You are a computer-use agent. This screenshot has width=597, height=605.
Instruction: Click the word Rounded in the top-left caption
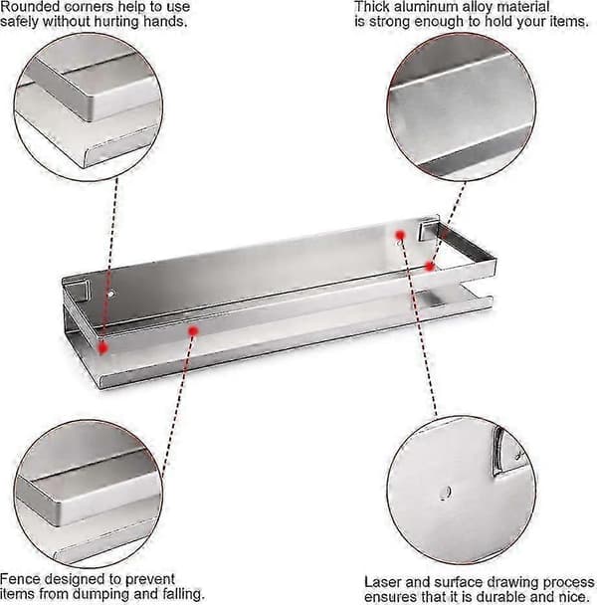[32, 7]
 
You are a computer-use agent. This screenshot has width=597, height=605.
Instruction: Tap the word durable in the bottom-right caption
[509, 596]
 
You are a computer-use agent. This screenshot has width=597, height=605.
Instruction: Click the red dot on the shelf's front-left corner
[102, 347]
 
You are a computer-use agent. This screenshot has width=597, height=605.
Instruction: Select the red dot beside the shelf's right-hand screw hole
[400, 235]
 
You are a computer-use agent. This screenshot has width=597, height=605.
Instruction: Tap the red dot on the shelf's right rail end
[429, 267]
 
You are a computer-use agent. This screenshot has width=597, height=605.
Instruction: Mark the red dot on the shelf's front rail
[193, 330]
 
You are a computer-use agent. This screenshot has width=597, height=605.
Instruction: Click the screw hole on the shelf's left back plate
[111, 294]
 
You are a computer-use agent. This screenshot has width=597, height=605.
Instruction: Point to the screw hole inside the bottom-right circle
[445, 493]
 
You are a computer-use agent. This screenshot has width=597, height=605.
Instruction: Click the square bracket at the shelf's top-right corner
[428, 229]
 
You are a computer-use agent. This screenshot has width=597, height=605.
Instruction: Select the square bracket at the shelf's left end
[80, 290]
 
